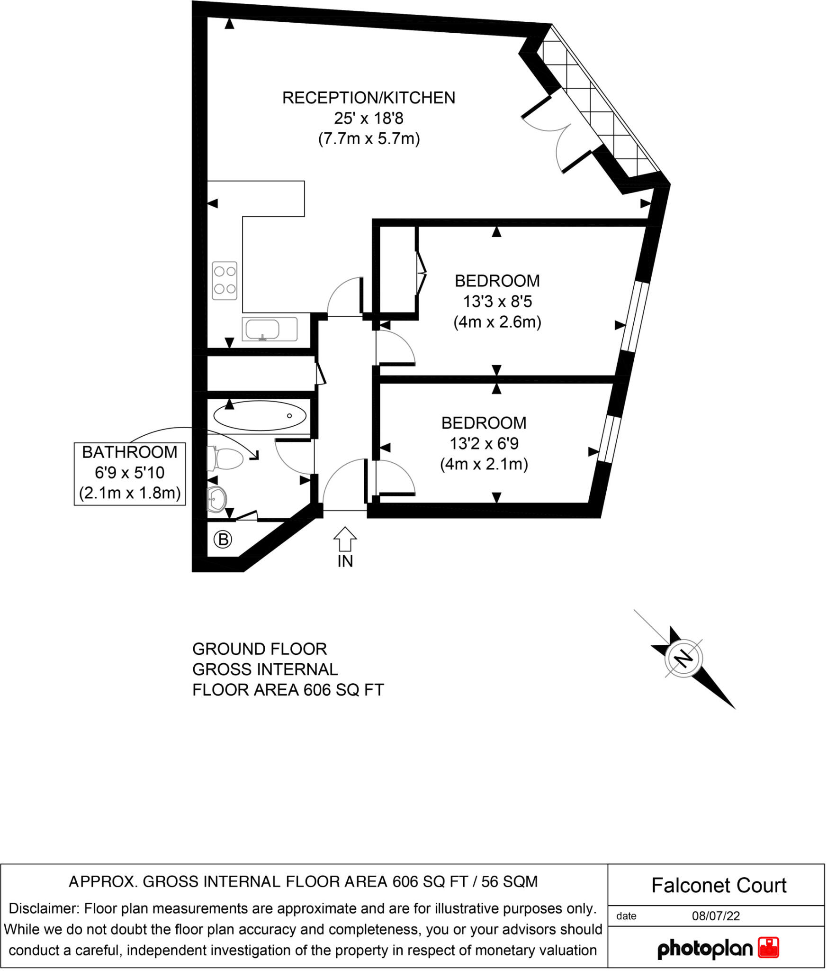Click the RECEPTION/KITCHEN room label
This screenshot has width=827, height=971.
point(369,98)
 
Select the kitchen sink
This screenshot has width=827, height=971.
point(269,329)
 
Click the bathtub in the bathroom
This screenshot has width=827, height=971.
point(260,416)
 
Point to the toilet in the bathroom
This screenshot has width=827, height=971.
point(226,458)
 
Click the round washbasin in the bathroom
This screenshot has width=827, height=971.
point(217,499)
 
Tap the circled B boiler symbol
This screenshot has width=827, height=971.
point(223,539)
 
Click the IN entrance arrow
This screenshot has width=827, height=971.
point(345,539)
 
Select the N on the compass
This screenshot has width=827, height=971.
point(683,658)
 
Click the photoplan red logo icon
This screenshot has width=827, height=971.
point(768,948)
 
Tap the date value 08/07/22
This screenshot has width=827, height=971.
point(716,916)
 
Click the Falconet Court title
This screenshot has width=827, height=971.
point(719,885)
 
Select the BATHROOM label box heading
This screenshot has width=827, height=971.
point(129,452)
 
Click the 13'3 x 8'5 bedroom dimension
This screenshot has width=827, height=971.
point(497,301)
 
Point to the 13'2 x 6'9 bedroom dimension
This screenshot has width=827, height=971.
point(484,443)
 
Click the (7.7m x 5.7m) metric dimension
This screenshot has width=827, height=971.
point(369,139)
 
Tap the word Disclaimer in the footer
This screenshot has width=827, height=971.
point(44,908)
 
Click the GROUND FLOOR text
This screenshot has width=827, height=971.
point(259,649)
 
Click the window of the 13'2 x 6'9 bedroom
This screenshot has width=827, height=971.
point(610,439)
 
